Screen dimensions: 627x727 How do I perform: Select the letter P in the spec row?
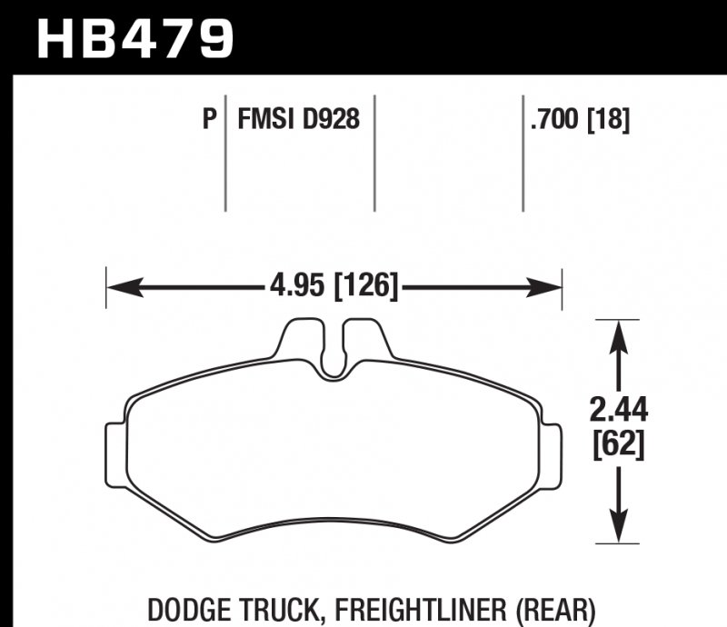(x=209, y=119)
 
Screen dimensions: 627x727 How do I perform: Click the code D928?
(x=332, y=119)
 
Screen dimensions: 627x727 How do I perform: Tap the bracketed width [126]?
(x=366, y=288)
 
